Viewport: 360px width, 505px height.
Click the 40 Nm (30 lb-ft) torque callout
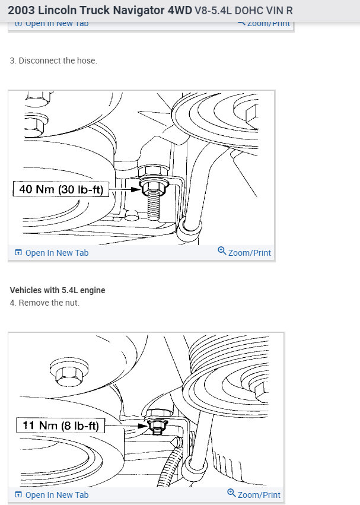(x=60, y=190)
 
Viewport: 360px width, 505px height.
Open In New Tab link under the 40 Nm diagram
(x=56, y=253)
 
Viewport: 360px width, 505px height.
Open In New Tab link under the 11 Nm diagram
(x=56, y=495)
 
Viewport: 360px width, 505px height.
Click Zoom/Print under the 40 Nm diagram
(x=249, y=253)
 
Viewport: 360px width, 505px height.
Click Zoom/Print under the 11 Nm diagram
(x=259, y=495)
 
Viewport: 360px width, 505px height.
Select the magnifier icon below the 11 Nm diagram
(x=232, y=494)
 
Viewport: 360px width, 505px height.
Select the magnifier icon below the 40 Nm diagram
(x=222, y=252)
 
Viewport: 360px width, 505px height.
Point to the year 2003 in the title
(x=21, y=11)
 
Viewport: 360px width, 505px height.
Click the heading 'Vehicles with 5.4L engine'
(x=58, y=290)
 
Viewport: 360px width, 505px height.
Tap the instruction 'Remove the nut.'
(x=49, y=303)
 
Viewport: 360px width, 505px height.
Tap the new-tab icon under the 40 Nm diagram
(x=18, y=253)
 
